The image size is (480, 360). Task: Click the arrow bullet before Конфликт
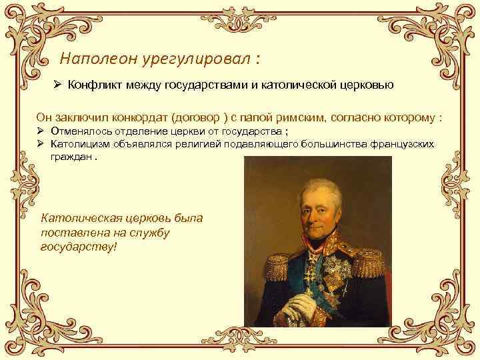[x=58, y=86]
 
